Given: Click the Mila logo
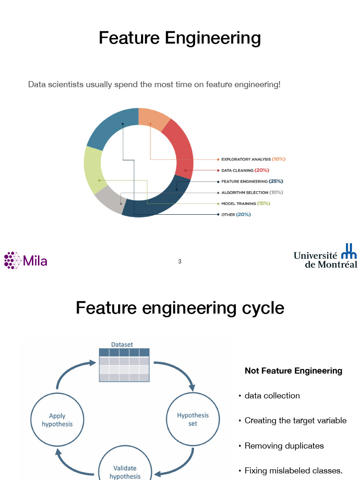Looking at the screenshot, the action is click(x=26, y=260).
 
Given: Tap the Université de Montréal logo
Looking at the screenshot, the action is click(x=325, y=256).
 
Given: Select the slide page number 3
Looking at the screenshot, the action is click(x=180, y=262).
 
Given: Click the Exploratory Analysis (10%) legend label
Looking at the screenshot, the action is click(x=253, y=159).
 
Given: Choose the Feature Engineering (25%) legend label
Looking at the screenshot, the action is click(x=252, y=181).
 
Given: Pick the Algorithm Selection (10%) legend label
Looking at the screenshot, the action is click(x=252, y=193).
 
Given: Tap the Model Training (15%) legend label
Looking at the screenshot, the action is click(x=246, y=203).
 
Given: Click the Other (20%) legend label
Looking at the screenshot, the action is click(x=236, y=215).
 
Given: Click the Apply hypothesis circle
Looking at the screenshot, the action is click(x=57, y=420).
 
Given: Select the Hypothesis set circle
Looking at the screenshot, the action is click(x=193, y=419).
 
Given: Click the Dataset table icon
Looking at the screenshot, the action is click(x=124, y=365).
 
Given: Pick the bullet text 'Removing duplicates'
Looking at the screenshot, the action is click(x=284, y=446).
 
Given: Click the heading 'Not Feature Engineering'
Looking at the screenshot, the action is click(x=293, y=371).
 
